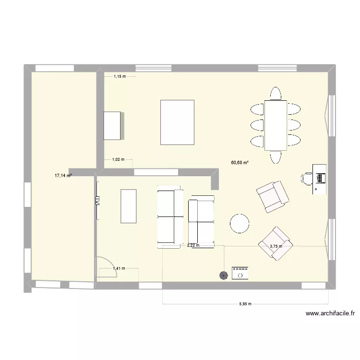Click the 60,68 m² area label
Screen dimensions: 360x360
(240, 163)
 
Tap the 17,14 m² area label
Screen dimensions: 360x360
(63, 176)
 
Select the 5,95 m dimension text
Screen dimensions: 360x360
(245, 304)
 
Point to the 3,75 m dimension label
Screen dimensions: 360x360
(276, 247)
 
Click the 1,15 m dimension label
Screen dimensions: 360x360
(120, 76)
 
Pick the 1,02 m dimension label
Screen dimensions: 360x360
(118, 159)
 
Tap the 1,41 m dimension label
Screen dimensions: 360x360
(119, 268)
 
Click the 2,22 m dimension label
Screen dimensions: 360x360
(193, 246)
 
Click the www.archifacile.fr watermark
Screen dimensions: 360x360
(330, 314)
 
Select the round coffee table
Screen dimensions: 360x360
(239, 223)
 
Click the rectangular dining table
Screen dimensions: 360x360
(276, 125)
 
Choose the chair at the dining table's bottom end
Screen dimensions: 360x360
(276, 157)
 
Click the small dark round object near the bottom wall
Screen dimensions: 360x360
(223, 275)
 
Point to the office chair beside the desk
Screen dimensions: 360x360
(306, 178)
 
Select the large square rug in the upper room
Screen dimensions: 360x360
(178, 122)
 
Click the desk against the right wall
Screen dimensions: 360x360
(319, 179)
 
